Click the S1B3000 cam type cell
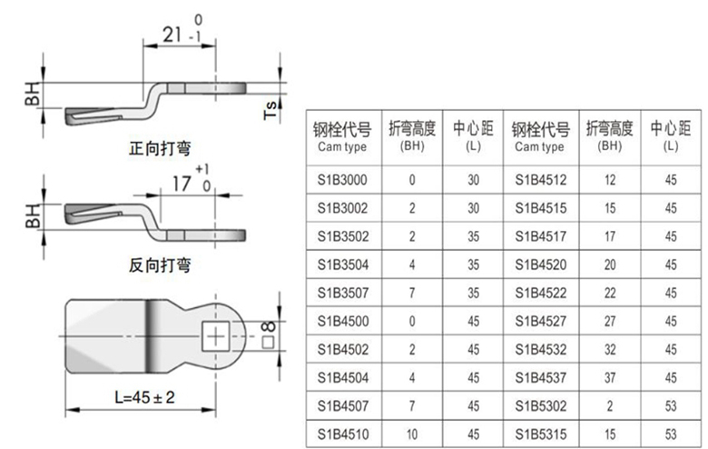(342, 180)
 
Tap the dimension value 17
(182, 183)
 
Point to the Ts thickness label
(270, 110)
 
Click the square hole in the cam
(214, 338)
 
